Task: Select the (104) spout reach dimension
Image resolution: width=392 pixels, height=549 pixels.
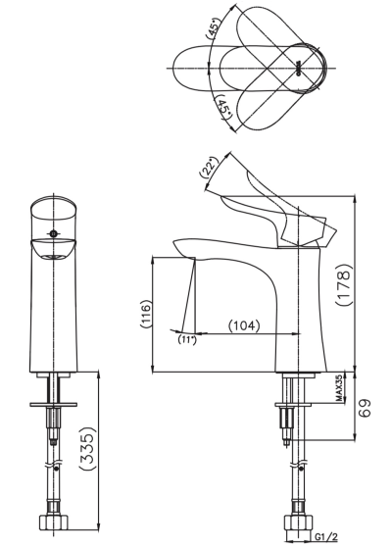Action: (x=244, y=325)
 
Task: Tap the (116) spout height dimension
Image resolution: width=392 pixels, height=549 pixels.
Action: (x=145, y=314)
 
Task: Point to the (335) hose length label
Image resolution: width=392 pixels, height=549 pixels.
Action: (x=87, y=448)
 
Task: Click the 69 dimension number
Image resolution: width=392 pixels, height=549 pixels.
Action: (x=365, y=408)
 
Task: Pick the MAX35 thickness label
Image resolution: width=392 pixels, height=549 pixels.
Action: (x=339, y=389)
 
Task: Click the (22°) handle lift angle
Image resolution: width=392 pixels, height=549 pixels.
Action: (x=209, y=168)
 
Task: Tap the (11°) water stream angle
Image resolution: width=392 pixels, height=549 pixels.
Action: (x=187, y=339)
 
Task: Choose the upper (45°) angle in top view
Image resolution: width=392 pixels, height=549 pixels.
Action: (x=215, y=27)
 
